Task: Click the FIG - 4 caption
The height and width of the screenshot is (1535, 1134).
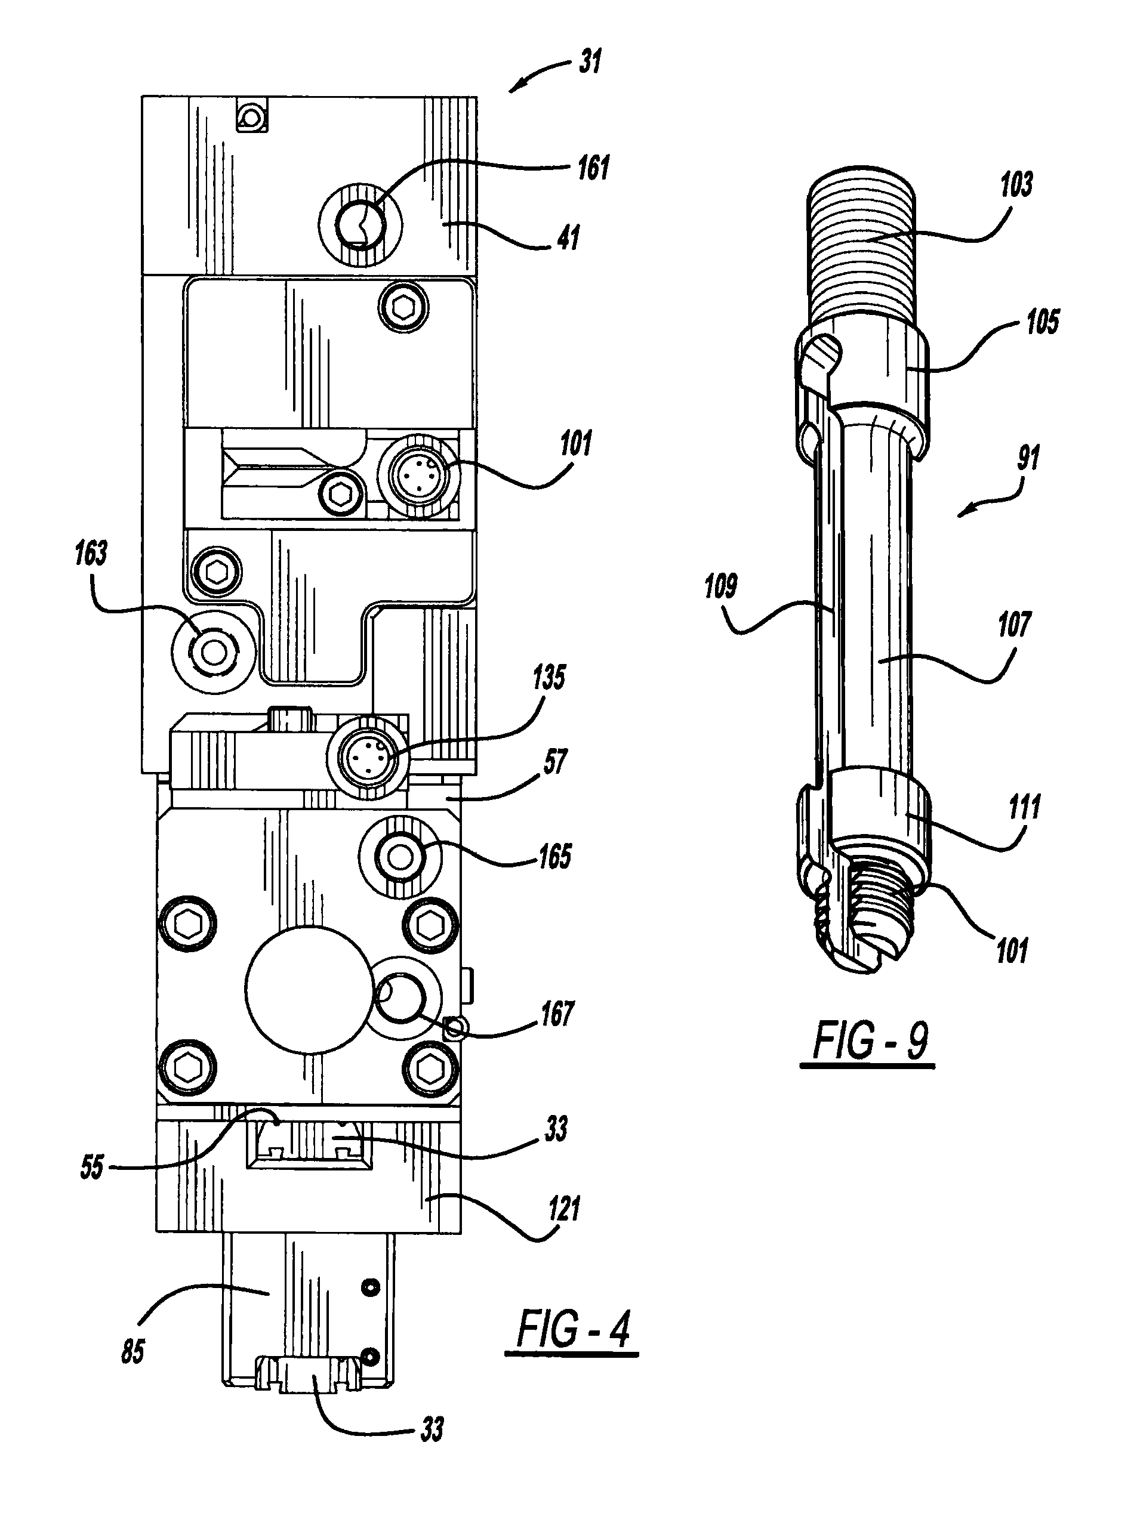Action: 572,1329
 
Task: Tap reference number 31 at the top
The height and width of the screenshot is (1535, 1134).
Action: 591,62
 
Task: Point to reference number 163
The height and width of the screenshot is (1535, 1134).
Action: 91,554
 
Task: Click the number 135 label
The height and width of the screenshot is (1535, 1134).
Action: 549,677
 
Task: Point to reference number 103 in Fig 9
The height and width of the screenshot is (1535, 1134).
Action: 1016,184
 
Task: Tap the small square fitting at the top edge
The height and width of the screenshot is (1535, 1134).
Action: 252,115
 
